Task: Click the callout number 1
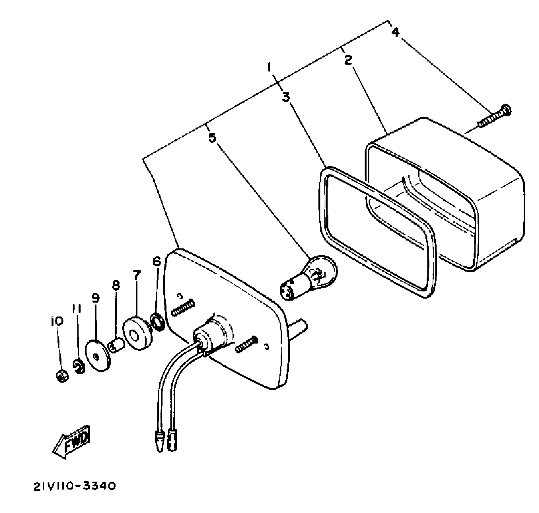click(270, 67)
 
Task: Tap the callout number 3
click(286, 97)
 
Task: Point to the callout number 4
click(395, 32)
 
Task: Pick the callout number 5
click(212, 138)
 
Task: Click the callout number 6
click(157, 261)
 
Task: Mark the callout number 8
click(116, 285)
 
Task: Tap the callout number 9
click(95, 298)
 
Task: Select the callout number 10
click(57, 321)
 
